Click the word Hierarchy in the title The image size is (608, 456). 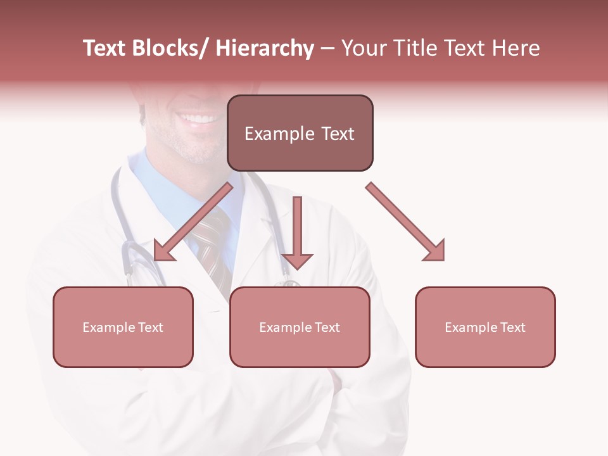pyautogui.click(x=265, y=48)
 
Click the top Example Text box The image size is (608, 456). pyautogui.click(x=300, y=133)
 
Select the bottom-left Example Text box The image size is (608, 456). pyautogui.click(x=123, y=327)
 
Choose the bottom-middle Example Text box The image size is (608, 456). pyautogui.click(x=300, y=327)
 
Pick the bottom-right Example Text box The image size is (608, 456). pyautogui.click(x=485, y=327)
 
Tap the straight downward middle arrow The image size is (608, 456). pyautogui.click(x=297, y=232)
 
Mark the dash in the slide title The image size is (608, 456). pyautogui.click(x=327, y=48)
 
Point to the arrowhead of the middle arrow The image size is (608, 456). pyautogui.click(x=297, y=260)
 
